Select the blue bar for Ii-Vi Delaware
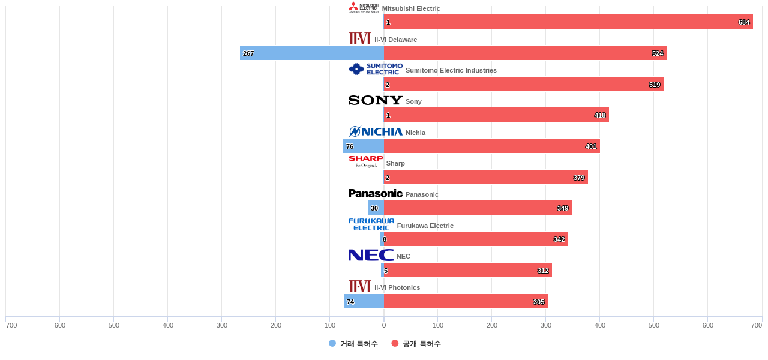click(312, 53)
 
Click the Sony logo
click(375, 100)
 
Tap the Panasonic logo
click(375, 193)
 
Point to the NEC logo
click(370, 255)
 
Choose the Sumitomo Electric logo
click(375, 69)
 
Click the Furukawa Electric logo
click(371, 224)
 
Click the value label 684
click(744, 22)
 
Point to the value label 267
click(248, 53)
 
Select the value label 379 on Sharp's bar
click(579, 178)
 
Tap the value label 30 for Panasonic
click(374, 208)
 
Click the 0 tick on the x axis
click(384, 325)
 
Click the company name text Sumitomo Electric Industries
click(451, 70)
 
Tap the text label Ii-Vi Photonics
click(397, 287)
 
